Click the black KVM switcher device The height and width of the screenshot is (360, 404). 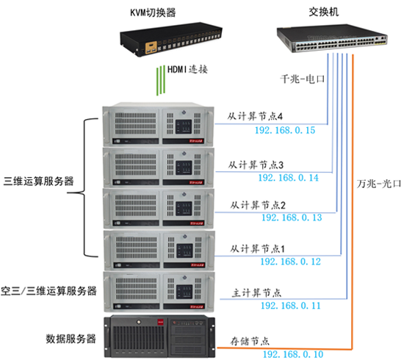coord(168,43)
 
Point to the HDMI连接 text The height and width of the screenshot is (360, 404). coord(189,71)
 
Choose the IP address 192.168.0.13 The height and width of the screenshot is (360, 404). coord(292,218)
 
